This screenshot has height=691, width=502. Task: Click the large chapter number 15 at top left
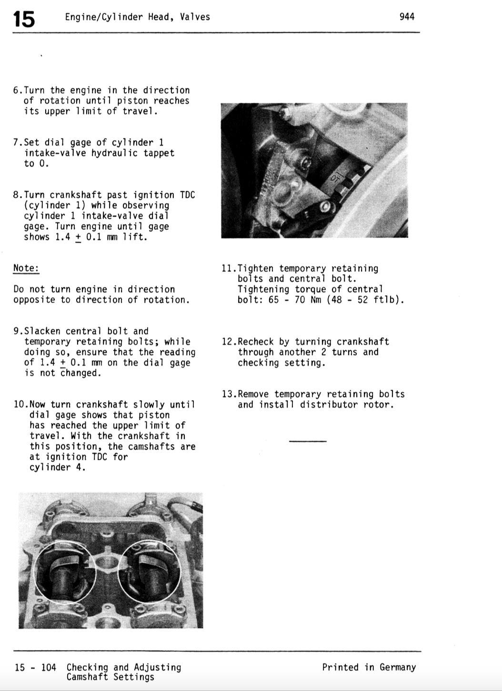click(24, 19)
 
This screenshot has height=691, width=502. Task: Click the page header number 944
click(407, 17)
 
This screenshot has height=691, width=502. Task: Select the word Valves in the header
click(195, 17)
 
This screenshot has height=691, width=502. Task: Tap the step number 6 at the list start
click(16, 90)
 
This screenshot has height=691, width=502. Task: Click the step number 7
click(16, 143)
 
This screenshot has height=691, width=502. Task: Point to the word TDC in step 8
click(187, 195)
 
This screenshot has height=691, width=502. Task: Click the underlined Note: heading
click(26, 268)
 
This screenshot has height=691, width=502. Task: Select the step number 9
click(16, 331)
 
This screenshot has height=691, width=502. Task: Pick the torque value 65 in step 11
click(273, 300)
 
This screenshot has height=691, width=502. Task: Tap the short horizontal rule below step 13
click(308, 441)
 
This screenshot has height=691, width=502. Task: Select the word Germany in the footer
click(398, 668)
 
